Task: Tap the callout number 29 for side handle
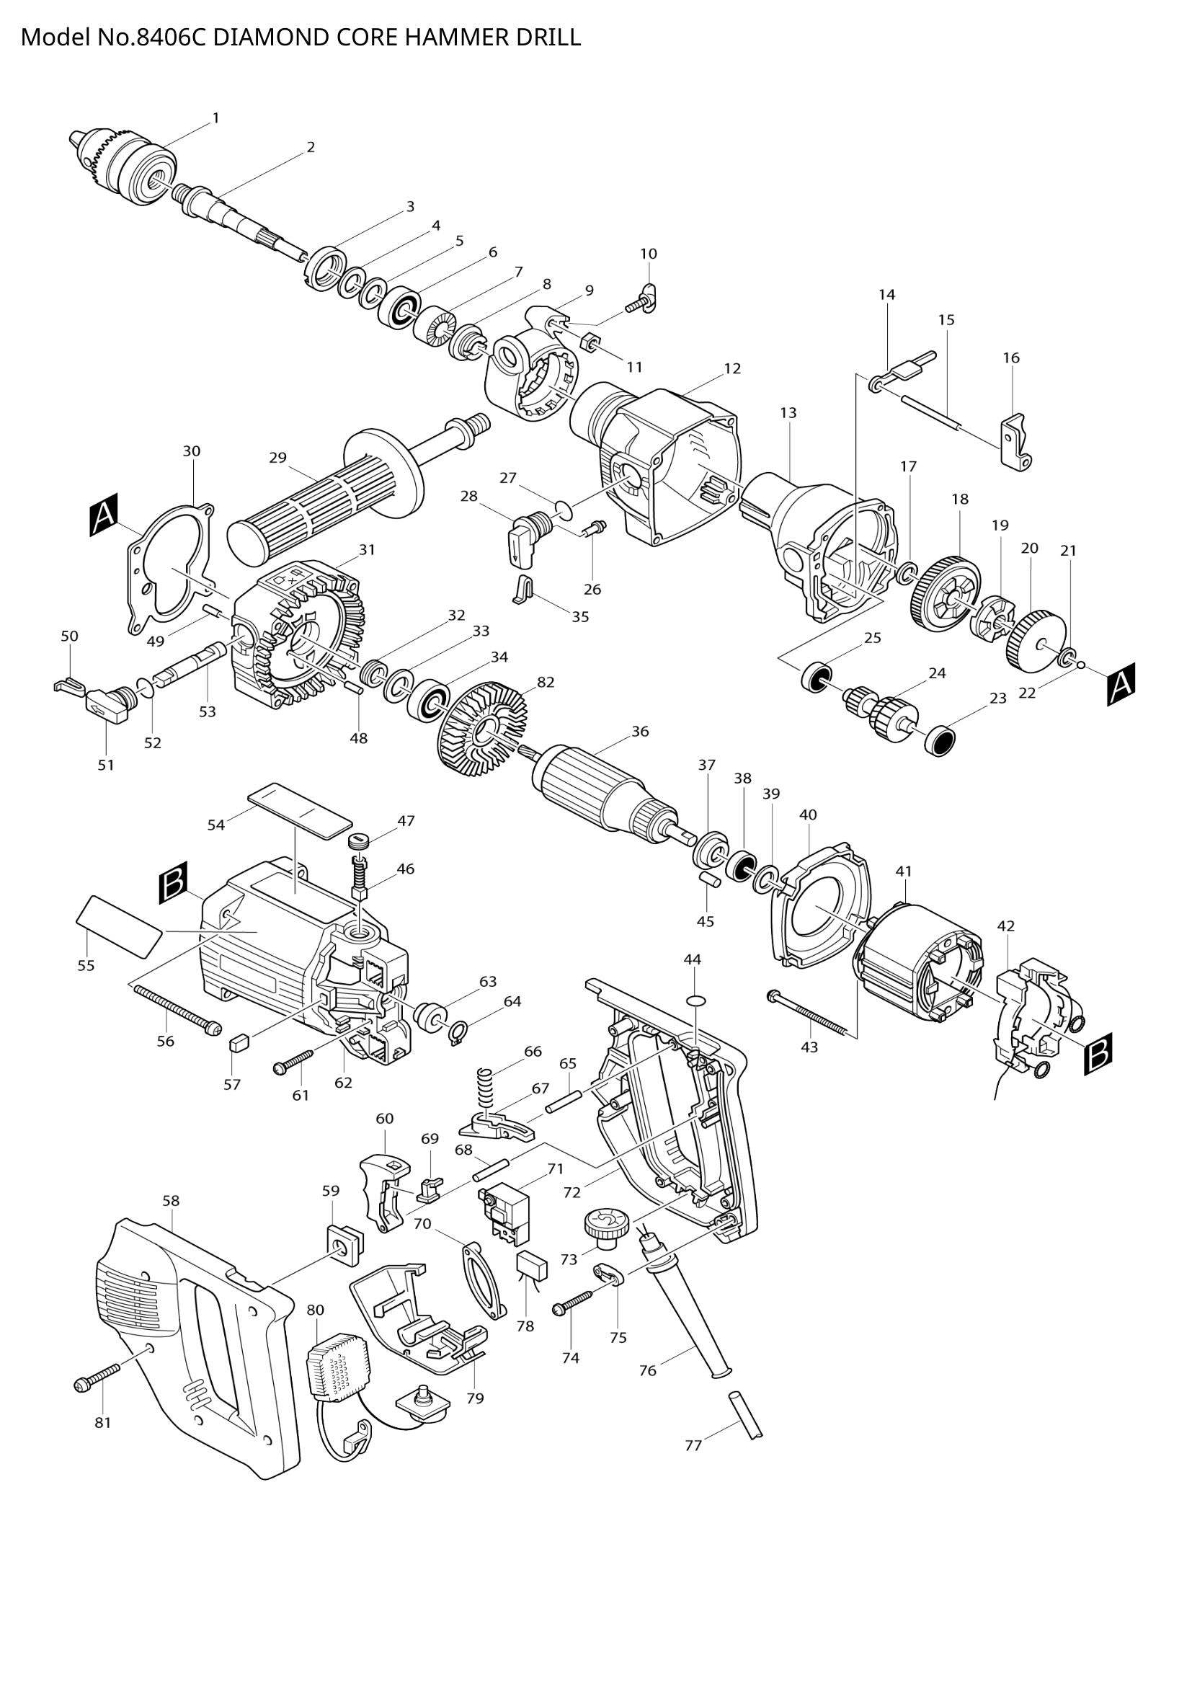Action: point(277,458)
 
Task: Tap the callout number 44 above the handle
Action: point(692,959)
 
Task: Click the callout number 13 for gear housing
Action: point(788,413)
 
